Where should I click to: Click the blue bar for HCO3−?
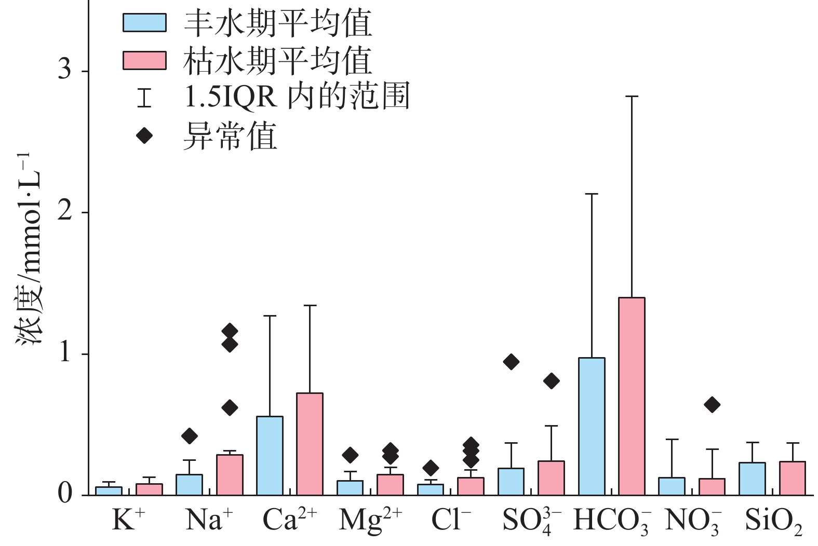pos(592,426)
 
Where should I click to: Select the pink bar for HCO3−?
pos(632,396)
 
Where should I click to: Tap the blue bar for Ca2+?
pos(270,456)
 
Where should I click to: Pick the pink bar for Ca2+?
pos(310,444)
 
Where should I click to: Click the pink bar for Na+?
pos(230,475)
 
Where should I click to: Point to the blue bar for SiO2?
pos(752,479)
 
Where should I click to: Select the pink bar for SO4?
pos(551,478)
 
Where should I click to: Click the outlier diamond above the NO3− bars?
pos(712,404)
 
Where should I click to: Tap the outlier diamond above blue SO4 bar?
pos(511,362)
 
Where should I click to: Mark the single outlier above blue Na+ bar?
pos(190,436)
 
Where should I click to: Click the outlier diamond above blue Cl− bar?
pos(431,468)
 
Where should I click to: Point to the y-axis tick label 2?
pos(65,211)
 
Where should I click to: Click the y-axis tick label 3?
pos(65,70)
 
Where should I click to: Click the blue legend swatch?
pos(144,23)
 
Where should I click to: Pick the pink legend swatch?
pos(144,60)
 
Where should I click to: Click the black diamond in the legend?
pos(144,136)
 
